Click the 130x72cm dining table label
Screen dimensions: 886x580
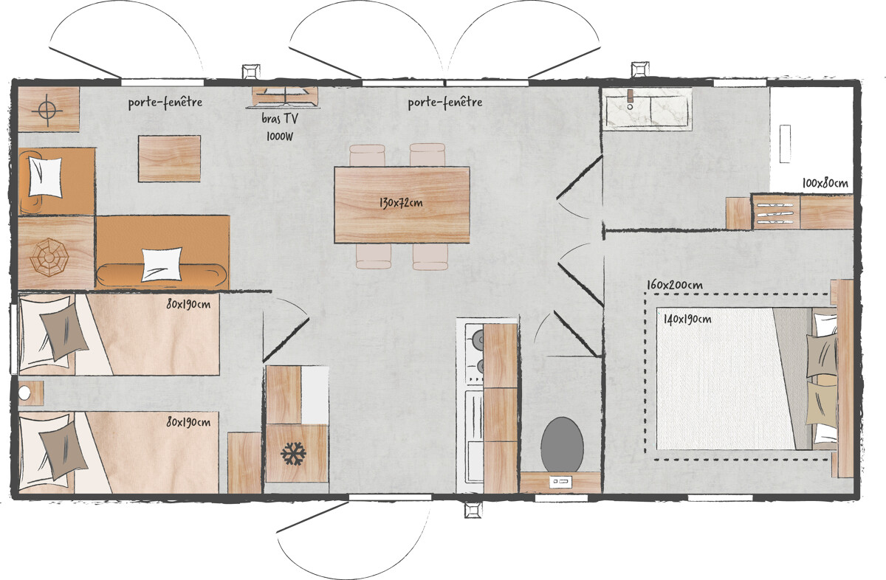[401, 203]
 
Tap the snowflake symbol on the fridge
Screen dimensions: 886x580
[294, 454]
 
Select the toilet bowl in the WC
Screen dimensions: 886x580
[562, 444]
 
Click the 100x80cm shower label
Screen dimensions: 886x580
[825, 183]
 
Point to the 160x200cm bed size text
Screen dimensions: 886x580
[675, 285]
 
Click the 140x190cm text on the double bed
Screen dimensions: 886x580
[687, 319]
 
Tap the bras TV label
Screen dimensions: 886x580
[280, 118]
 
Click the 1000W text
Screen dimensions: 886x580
[280, 137]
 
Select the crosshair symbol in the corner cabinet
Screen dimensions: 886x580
[47, 110]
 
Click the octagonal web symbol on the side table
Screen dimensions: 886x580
[49, 258]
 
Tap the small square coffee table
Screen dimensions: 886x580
[169, 159]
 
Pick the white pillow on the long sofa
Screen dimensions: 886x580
[162, 263]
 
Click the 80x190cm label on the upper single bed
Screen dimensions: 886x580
[188, 304]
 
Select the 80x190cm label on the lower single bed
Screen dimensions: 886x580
[188, 422]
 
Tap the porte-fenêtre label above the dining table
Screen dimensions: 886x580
[445, 103]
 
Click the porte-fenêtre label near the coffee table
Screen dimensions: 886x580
[165, 103]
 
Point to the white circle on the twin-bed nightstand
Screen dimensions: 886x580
[24, 393]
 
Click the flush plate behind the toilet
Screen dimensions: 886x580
[561, 482]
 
